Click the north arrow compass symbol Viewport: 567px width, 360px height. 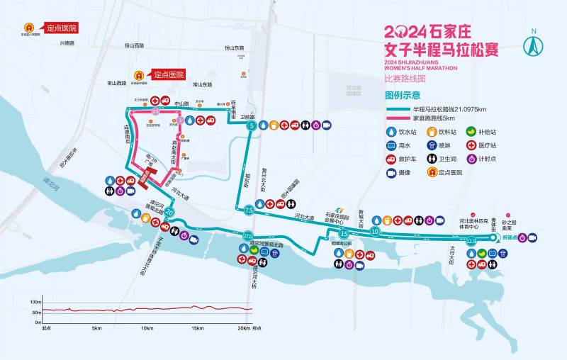533,44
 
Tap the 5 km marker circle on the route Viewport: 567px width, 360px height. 250,125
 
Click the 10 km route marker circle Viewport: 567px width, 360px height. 374,231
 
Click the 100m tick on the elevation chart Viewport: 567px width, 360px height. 35,302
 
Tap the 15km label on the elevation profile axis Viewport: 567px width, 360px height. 197,328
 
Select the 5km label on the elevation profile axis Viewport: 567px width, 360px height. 96,328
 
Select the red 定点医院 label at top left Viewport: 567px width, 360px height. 61,28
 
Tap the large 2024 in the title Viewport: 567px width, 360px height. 405,32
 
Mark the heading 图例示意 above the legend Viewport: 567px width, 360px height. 402,95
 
